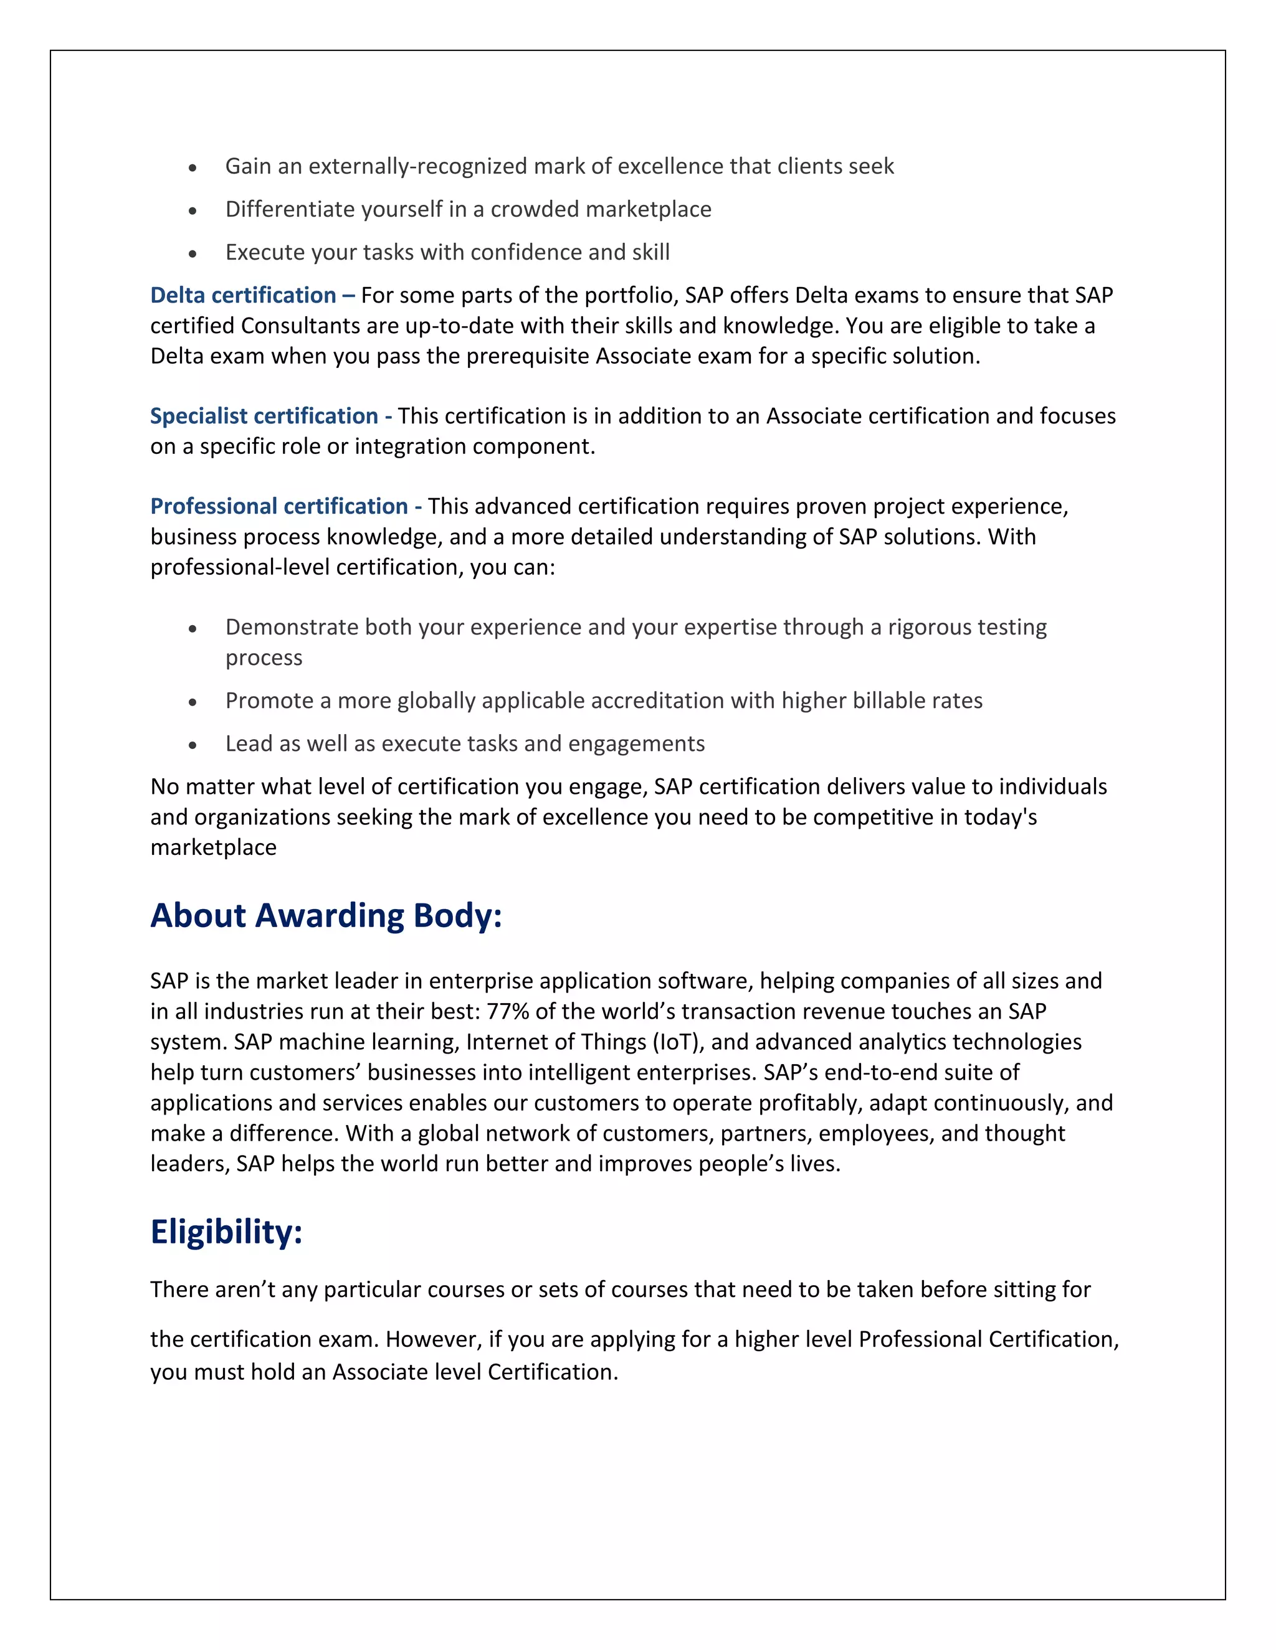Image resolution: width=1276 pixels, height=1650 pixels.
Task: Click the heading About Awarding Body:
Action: tap(326, 916)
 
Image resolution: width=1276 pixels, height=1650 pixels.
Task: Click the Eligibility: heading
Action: tap(226, 1232)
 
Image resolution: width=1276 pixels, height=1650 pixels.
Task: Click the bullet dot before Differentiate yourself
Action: tap(193, 212)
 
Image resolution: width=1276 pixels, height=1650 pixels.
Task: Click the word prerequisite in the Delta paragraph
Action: tap(528, 356)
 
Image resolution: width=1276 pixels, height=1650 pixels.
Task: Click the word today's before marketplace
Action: tap(999, 818)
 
